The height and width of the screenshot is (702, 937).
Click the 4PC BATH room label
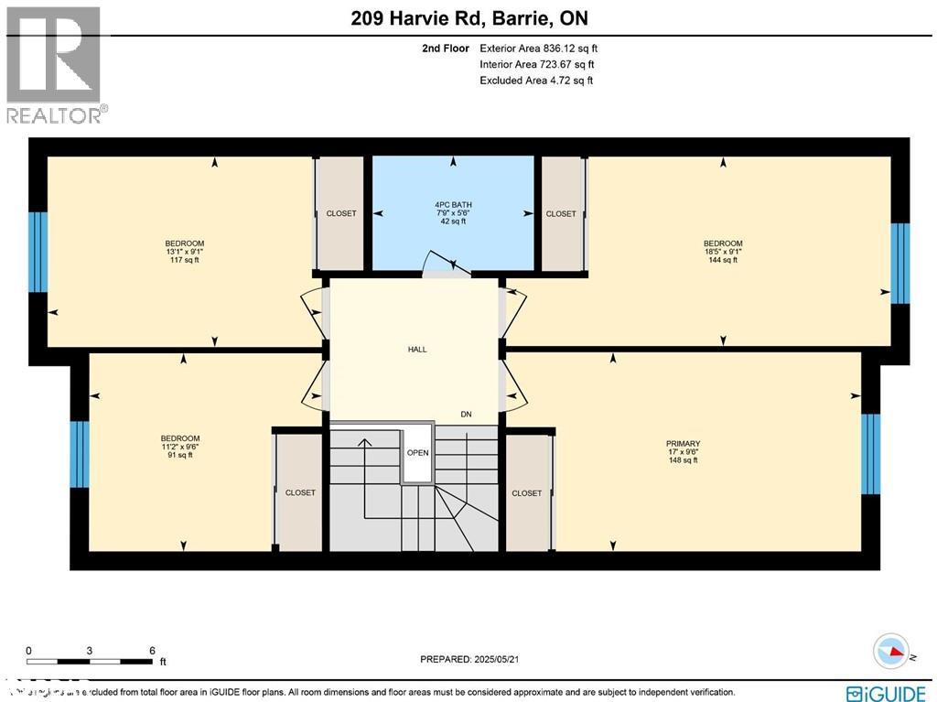tap(452, 203)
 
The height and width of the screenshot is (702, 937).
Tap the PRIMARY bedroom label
tap(683, 444)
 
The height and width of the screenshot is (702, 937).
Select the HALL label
tap(417, 349)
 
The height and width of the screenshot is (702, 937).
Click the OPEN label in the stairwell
tap(417, 452)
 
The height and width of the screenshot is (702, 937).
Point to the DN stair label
tap(466, 415)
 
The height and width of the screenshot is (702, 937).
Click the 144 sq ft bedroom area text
tap(723, 260)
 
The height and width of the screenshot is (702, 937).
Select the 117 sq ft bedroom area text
tap(184, 260)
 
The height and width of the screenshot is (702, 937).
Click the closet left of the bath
tap(340, 213)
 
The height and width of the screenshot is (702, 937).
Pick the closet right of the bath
tap(561, 213)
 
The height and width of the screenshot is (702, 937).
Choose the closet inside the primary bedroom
tap(527, 492)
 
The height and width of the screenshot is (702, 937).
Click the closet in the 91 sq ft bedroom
tap(300, 492)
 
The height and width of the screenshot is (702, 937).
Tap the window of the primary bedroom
tap(870, 454)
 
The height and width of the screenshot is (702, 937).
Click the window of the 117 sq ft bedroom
tap(38, 252)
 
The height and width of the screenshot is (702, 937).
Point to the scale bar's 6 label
tap(152, 651)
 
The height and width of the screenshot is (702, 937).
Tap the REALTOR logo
tap(55, 64)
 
